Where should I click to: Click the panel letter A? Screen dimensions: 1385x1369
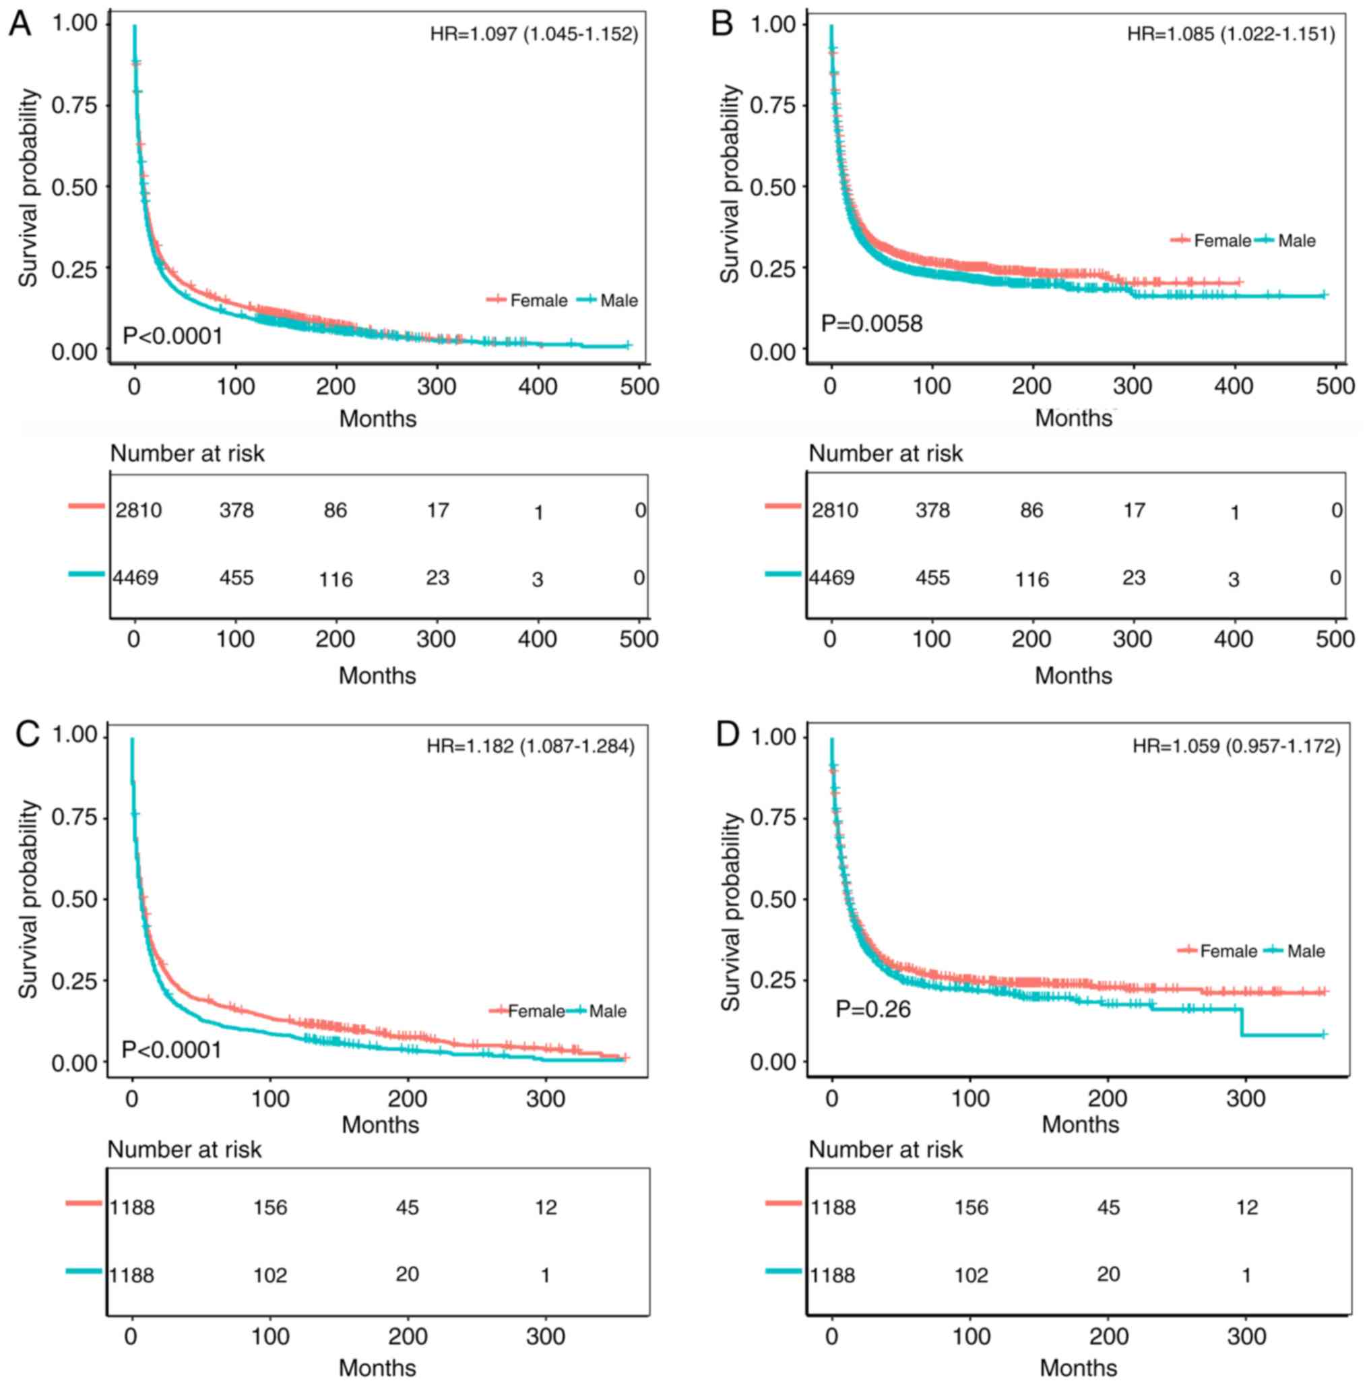coord(20,24)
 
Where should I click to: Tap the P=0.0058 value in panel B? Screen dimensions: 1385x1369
coord(871,324)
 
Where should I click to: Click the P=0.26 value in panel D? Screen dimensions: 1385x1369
coord(872,1010)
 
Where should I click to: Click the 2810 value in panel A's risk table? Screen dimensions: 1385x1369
coord(138,510)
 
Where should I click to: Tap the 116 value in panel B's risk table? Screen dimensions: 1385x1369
coord(1031,579)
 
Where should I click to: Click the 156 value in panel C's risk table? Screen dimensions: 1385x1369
coord(270,1208)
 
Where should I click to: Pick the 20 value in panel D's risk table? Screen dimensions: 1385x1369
coord(1108,1274)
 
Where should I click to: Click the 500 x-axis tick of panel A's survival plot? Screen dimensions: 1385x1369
coord(639,387)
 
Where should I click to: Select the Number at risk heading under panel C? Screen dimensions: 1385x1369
coord(184,1150)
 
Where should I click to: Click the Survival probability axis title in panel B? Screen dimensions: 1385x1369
coord(730,184)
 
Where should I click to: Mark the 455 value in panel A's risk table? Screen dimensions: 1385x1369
coord(236,578)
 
